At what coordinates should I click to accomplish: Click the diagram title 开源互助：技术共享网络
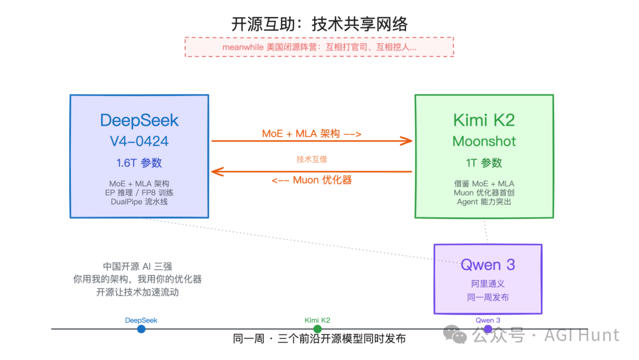coord(319,24)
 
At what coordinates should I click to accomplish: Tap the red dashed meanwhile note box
coord(319,47)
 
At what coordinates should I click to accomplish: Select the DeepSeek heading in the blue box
coord(140,120)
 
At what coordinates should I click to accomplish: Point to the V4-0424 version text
coord(140,142)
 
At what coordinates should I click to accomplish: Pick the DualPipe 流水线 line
coord(140,201)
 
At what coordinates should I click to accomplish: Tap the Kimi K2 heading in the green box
coord(484,120)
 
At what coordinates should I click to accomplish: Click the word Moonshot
coord(484,142)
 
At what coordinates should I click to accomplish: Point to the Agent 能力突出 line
coord(484,201)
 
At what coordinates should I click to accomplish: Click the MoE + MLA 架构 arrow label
coord(312,134)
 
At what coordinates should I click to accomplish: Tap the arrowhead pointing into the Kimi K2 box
coord(406,141)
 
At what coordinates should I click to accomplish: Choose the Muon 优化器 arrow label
coord(312,180)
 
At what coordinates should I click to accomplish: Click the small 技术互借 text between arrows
coord(312,159)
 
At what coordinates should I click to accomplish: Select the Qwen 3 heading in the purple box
coord(488,265)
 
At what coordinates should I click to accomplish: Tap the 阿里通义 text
coord(488,284)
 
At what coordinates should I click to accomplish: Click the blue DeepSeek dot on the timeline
coord(141,329)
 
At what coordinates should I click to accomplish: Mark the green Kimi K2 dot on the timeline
coord(317,329)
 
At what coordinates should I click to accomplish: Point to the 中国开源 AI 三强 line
coord(137,266)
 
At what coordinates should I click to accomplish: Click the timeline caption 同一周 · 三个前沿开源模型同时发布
coord(319,339)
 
